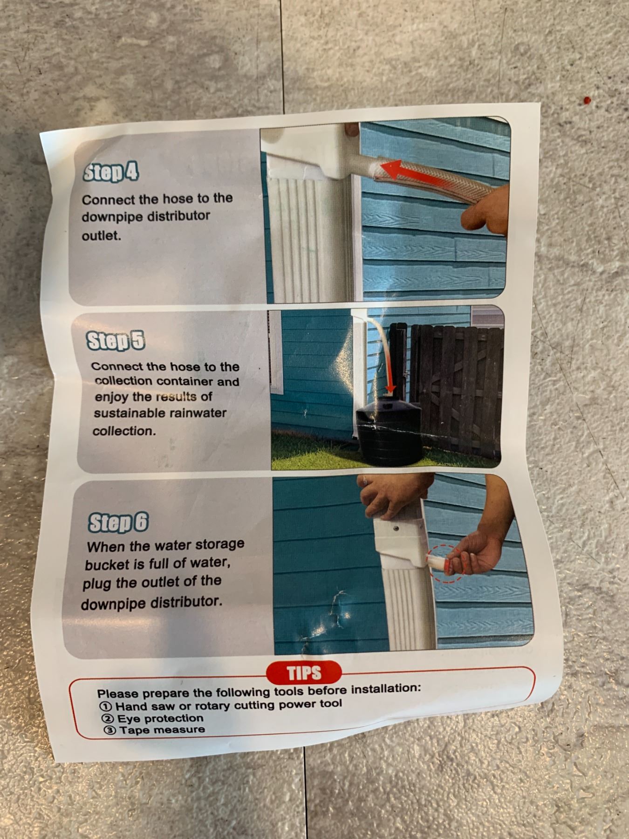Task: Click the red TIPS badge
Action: tap(304, 673)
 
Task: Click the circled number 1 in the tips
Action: tap(106, 707)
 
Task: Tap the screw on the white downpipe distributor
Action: tap(396, 529)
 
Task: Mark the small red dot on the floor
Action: tap(588, 100)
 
